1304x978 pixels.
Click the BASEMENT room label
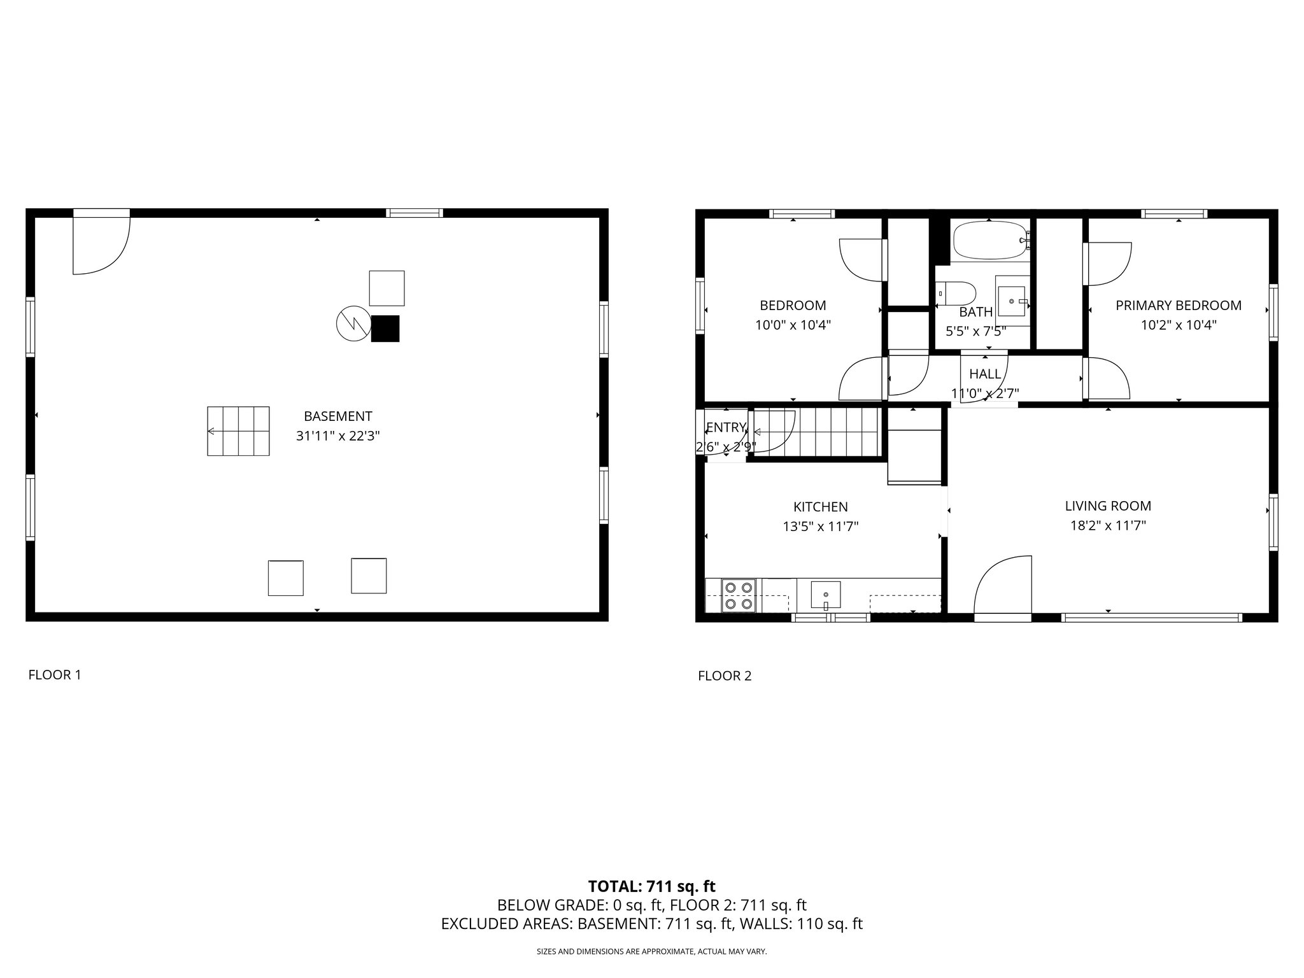tap(337, 416)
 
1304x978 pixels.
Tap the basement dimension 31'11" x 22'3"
tap(337, 436)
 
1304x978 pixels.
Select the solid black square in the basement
tap(385, 329)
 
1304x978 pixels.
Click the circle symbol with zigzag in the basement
tap(353, 323)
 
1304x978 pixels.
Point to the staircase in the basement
tap(238, 431)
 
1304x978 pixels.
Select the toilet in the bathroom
tap(958, 294)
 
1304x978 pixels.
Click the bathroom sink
tap(1012, 301)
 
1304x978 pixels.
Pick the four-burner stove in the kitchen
tap(739, 595)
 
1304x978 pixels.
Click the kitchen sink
tap(825, 595)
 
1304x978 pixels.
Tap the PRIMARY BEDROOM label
tap(1178, 306)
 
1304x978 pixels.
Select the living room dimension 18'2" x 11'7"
tap(1108, 526)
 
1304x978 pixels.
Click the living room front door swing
tap(1002, 585)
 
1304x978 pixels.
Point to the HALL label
tap(984, 374)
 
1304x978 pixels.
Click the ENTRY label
tap(725, 427)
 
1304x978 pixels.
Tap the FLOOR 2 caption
tap(725, 676)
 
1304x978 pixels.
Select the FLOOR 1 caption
tap(55, 675)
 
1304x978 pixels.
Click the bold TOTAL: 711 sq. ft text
tap(651, 886)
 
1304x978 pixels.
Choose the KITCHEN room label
tap(820, 507)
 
